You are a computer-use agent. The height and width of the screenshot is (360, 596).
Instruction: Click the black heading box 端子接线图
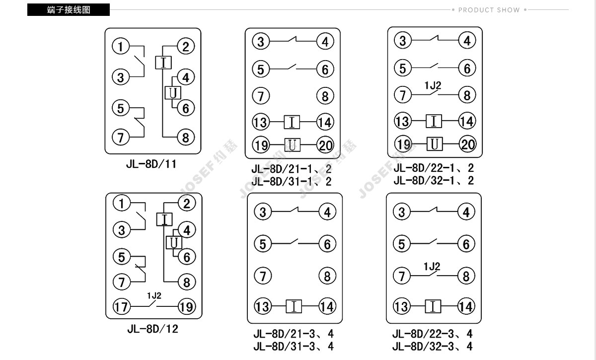point(69,9)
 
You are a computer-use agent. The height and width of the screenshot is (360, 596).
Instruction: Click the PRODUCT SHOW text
point(489,10)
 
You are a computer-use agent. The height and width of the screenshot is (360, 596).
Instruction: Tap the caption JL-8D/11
point(151,164)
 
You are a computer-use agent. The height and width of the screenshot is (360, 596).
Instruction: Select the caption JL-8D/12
point(153,329)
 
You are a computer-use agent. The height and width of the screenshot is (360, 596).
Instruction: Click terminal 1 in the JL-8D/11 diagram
point(121,46)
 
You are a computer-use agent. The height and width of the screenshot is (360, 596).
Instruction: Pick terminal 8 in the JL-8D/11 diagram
point(186,138)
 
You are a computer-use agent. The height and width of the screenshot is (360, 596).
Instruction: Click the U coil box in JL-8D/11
point(173,93)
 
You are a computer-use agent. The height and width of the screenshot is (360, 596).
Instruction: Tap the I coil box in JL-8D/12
point(164,219)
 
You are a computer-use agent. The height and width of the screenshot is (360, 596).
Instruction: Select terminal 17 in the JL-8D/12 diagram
point(122,307)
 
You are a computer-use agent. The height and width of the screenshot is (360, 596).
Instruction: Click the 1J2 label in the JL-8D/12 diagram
point(154,295)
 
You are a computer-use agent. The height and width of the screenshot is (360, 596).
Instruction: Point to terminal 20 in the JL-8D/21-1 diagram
point(325,145)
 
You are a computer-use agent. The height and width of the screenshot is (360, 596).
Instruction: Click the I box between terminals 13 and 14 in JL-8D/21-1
point(292,122)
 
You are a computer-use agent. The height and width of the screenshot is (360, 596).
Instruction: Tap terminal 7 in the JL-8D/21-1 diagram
point(261,96)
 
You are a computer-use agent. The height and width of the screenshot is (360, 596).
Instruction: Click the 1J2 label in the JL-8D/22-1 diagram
point(433,85)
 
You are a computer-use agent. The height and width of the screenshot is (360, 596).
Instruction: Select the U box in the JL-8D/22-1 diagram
point(435,144)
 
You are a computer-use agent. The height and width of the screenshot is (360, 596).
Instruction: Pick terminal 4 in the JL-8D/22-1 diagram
point(467,41)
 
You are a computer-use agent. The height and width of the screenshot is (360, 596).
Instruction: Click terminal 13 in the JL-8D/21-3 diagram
point(263,306)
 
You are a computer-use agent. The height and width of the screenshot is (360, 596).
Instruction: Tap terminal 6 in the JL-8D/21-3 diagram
point(327,244)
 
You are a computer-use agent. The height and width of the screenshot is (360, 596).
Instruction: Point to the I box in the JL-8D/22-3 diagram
point(433,306)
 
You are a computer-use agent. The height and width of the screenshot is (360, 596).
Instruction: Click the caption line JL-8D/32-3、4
point(433,347)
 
